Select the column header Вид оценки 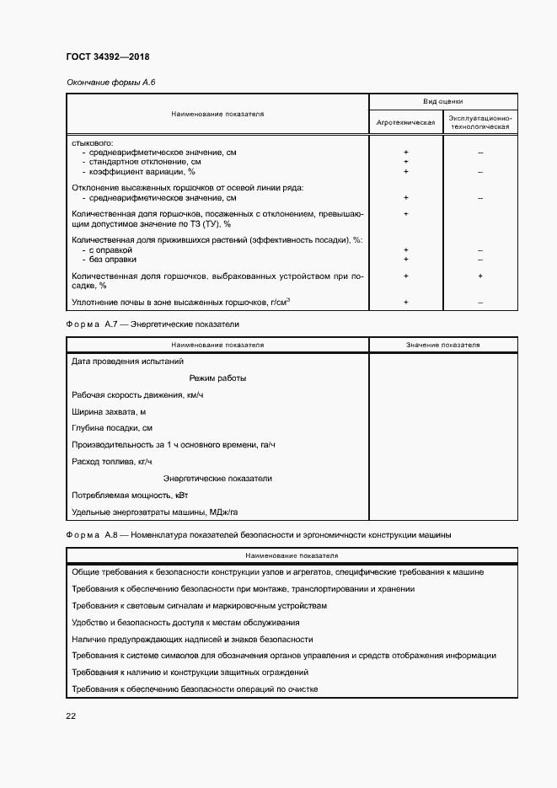(x=442, y=100)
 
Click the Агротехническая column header (x=406, y=122)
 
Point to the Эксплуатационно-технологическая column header (x=479, y=122)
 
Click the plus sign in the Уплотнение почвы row (x=406, y=302)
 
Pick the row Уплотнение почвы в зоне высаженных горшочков (x=181, y=302)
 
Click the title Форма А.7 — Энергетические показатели (x=153, y=324)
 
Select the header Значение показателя (x=442, y=345)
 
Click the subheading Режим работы (x=217, y=378)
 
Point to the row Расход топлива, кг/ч (x=111, y=462)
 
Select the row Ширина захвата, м (x=110, y=412)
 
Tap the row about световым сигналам (x=199, y=606)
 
